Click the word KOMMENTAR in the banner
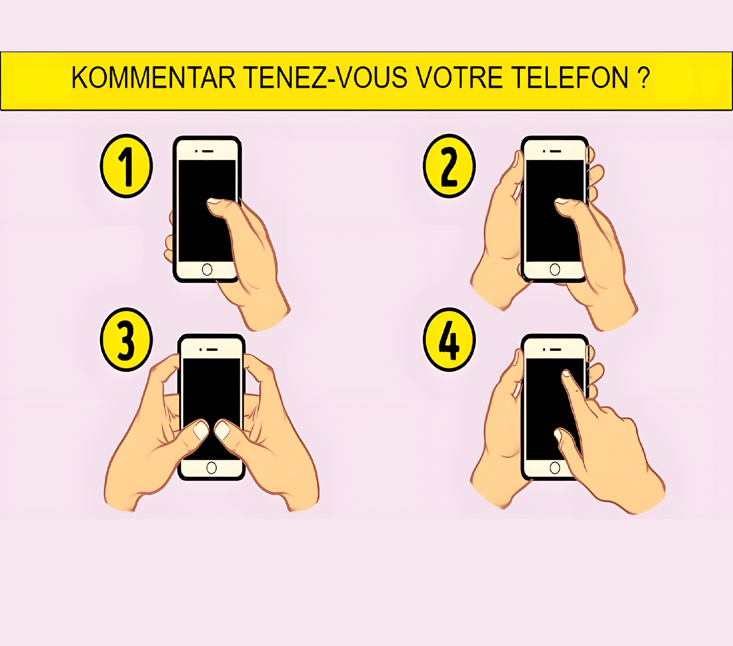[153, 78]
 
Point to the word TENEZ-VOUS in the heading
[325, 78]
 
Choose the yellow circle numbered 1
[126, 166]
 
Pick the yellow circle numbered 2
[449, 166]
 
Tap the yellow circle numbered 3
[126, 340]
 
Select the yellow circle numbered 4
[449, 340]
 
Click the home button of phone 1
[207, 270]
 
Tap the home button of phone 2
[555, 270]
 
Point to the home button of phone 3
[211, 468]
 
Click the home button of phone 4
[555, 468]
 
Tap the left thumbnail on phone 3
[201, 430]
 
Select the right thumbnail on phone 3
[223, 430]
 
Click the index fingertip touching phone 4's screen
[566, 374]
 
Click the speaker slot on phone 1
[207, 151]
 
